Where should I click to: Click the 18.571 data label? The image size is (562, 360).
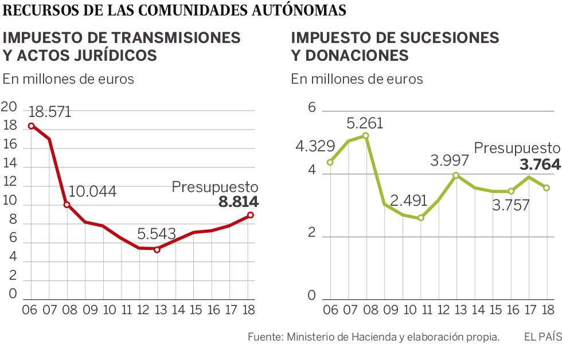pyautogui.click(x=50, y=111)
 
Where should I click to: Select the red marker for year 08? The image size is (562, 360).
pyautogui.click(x=67, y=205)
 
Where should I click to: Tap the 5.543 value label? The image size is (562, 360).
pyautogui.click(x=157, y=234)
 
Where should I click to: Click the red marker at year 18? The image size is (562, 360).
pyautogui.click(x=251, y=215)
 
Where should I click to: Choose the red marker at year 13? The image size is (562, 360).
pyautogui.click(x=157, y=249)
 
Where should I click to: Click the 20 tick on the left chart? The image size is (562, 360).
pyautogui.click(x=9, y=107)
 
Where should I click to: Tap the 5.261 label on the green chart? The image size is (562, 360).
pyautogui.click(x=365, y=123)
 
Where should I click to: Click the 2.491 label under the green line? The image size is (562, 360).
pyautogui.click(x=409, y=201)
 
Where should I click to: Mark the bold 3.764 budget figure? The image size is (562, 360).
pyautogui.click(x=540, y=165)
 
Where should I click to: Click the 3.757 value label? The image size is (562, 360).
pyautogui.click(x=512, y=205)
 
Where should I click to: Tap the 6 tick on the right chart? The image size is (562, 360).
pyautogui.click(x=313, y=108)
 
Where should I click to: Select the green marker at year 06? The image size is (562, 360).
pyautogui.click(x=330, y=162)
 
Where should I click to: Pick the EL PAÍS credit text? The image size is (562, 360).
pyautogui.click(x=542, y=336)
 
